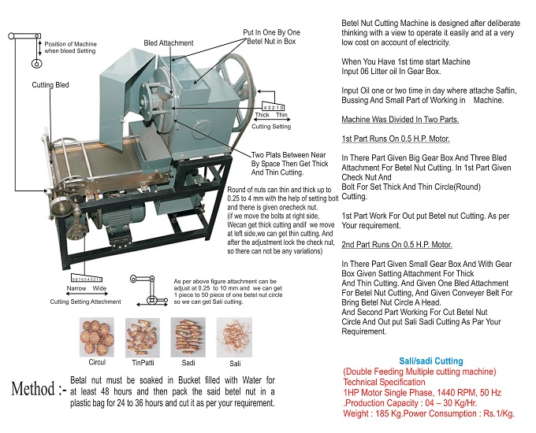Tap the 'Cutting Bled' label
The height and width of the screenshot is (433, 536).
pos(50,84)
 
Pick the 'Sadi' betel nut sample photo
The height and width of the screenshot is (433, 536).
pos(188,338)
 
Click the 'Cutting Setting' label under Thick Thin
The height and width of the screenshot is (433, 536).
pos(270,126)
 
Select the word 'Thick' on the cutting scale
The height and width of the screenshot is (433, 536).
pos(261,115)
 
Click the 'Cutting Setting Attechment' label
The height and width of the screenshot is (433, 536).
pos(85,301)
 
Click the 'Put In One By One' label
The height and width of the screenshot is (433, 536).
pos(271,32)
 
